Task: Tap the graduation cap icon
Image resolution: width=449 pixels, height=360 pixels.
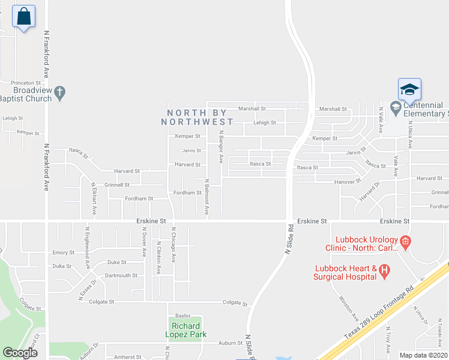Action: pos(409,90)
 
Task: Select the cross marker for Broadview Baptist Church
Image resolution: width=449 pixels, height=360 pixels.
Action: pos(59,93)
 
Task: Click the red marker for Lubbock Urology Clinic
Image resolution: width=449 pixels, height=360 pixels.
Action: pos(406,242)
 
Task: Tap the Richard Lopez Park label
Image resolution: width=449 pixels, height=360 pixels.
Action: pos(186,330)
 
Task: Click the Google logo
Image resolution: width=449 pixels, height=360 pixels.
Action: pos(20,353)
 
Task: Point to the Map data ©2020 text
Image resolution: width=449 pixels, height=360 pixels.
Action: pos(423,355)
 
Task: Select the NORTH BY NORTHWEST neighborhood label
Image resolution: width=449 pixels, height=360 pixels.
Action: pos(197,117)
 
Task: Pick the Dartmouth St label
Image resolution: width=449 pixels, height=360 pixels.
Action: pos(121,275)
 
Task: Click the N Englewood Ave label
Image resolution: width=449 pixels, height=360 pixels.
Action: pos(88,247)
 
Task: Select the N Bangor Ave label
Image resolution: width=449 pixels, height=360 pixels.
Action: pos(221,147)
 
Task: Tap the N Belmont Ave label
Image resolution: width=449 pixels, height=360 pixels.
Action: pos(206,196)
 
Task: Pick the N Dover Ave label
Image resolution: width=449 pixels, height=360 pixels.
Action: pos(144,243)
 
